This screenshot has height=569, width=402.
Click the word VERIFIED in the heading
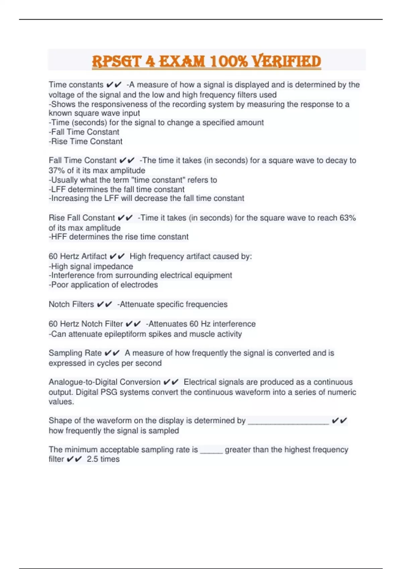pos(286,62)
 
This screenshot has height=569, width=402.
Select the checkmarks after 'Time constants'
pos(114,85)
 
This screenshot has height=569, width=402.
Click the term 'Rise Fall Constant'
pos(82,218)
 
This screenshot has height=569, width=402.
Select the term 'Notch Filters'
pos(71,304)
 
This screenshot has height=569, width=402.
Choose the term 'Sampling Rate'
pos(75,353)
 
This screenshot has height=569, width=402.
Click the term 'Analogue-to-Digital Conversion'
pos(105,382)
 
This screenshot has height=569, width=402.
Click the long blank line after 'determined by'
pos(288,421)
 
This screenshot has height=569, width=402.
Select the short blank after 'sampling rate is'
pos(211,450)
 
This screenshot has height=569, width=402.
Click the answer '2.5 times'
pos(103,459)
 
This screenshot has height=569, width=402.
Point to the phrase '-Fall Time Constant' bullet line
pos(84,132)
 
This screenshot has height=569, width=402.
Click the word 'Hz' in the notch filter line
pos(205,324)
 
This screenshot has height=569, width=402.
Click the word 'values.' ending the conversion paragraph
pos(61,402)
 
